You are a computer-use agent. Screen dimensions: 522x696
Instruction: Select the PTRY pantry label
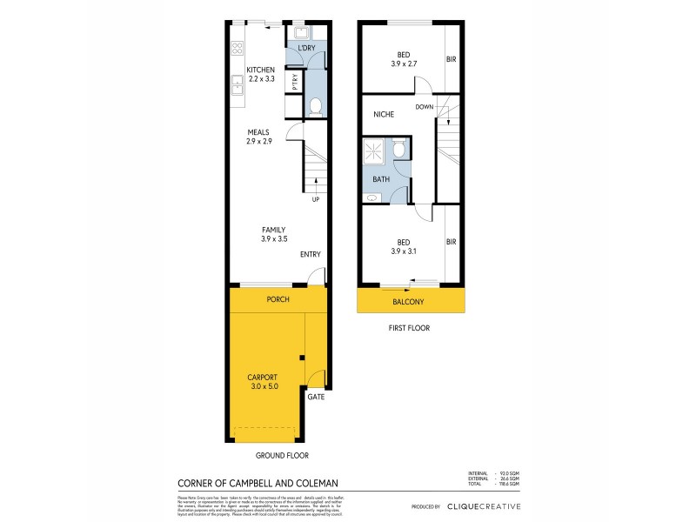click(x=296, y=83)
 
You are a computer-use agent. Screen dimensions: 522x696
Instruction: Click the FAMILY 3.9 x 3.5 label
click(x=273, y=234)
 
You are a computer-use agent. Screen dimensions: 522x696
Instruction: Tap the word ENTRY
click(x=311, y=255)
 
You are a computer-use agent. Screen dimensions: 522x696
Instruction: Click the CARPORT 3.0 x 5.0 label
click(x=262, y=381)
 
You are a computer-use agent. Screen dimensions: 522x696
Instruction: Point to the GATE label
click(x=315, y=397)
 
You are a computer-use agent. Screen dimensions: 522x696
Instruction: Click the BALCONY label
click(x=409, y=302)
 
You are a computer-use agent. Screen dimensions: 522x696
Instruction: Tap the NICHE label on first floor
click(x=384, y=114)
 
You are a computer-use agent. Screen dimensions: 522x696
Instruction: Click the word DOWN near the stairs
click(x=425, y=107)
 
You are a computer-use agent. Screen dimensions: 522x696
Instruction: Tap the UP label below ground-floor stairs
click(x=315, y=199)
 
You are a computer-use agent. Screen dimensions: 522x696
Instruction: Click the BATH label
click(x=381, y=179)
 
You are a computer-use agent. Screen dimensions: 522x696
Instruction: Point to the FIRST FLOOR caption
click(x=410, y=329)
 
